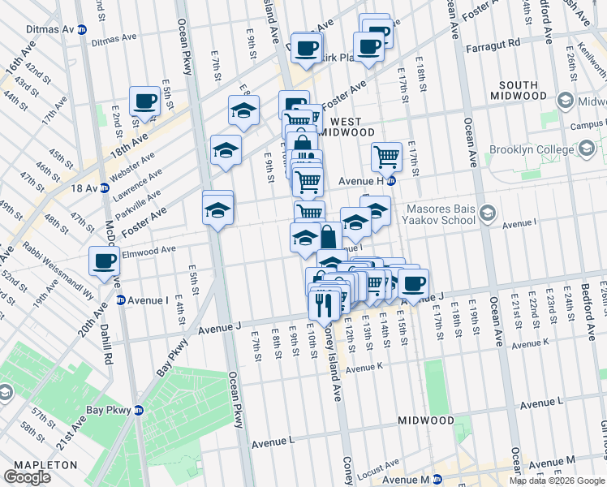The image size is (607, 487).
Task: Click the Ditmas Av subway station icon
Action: pos(83,30)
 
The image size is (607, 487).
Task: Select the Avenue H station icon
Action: pos(390,180)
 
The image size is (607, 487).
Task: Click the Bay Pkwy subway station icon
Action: pos(138,410)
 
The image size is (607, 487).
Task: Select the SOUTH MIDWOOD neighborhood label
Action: pos(518,90)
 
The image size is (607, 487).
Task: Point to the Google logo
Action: pos(28,477)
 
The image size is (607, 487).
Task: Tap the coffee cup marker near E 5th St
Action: pos(145,101)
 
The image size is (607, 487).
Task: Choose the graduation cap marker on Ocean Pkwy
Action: pos(217,209)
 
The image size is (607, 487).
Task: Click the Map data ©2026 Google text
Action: pos(557,481)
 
